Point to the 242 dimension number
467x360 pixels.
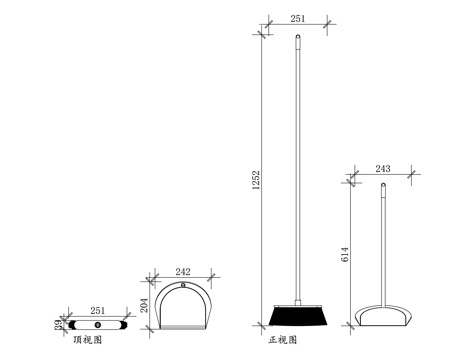point(182,270)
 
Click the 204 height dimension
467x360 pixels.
point(144,305)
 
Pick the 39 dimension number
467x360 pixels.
point(58,325)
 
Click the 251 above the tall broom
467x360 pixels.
point(297,18)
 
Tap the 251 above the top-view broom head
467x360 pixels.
point(97,310)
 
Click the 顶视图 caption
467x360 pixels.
point(89,341)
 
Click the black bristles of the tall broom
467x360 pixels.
point(297,317)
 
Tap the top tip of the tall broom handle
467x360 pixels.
point(297,42)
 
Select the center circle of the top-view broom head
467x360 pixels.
point(97,325)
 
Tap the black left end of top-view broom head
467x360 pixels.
point(72,325)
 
